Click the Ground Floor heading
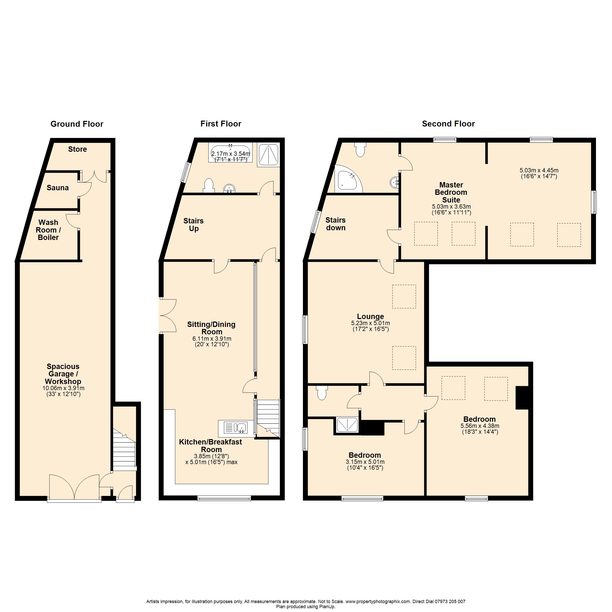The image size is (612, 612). click(x=77, y=124)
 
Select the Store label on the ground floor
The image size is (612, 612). click(x=77, y=149)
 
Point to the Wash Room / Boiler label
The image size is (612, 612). click(x=48, y=230)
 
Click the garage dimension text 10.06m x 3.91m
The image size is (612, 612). click(x=63, y=388)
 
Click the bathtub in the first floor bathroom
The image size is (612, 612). click(x=230, y=153)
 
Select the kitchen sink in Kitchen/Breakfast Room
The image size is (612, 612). click(x=236, y=428)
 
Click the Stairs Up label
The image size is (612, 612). click(x=194, y=225)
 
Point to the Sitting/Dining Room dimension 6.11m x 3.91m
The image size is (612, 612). click(x=212, y=339)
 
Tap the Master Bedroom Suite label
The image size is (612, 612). click(x=451, y=192)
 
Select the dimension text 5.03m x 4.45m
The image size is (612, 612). click(x=539, y=170)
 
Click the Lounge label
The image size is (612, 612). click(x=370, y=316)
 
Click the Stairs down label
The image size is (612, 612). click(x=336, y=224)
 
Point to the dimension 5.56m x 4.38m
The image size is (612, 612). click(x=480, y=426)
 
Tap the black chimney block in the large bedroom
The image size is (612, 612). click(x=522, y=398)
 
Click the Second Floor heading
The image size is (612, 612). click(x=448, y=124)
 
